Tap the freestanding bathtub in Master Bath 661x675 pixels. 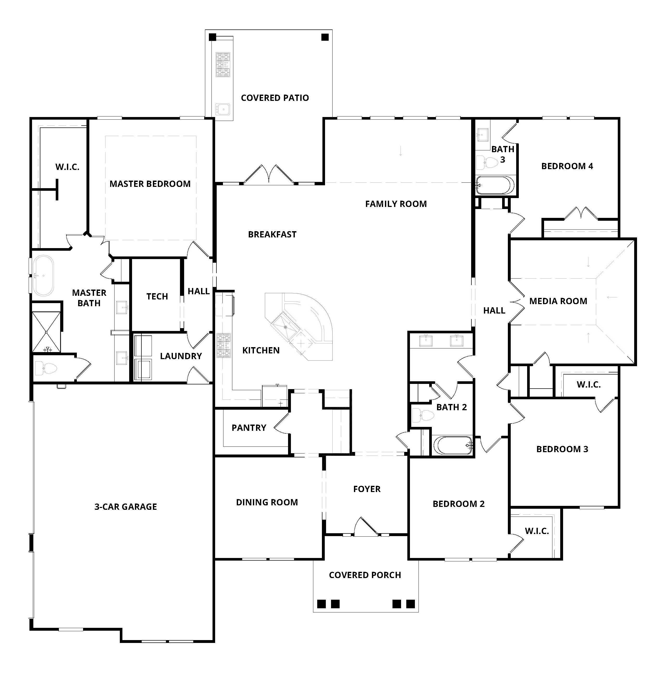tap(43, 275)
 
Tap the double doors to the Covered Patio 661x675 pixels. tap(269, 175)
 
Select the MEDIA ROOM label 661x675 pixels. tap(558, 301)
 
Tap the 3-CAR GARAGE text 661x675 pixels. tap(126, 506)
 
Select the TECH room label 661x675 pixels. tap(157, 296)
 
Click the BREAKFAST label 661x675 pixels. tap(272, 235)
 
